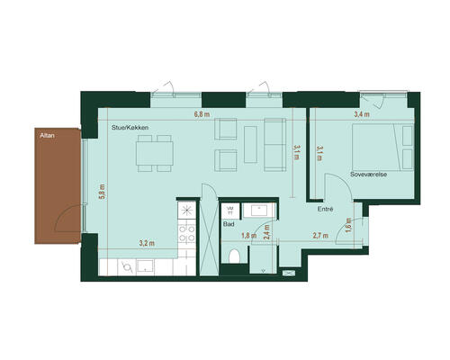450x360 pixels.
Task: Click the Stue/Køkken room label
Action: click(130, 128)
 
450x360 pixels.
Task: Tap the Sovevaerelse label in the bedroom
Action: click(368, 175)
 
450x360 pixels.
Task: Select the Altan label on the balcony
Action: click(47, 136)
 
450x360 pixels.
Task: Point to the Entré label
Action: click(326, 209)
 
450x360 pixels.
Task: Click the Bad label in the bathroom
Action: click(229, 224)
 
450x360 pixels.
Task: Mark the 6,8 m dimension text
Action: click(202, 114)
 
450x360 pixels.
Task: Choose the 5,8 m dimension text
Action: click(103, 192)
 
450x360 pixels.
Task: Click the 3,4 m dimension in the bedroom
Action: click(362, 114)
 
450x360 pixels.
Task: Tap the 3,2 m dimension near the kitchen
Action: click(147, 243)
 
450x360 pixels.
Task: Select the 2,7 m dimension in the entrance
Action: click(320, 236)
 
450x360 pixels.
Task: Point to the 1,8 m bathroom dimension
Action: click(249, 236)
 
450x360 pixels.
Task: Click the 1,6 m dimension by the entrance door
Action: click(348, 225)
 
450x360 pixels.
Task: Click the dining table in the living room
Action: click(155, 153)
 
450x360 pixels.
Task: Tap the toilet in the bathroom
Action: click(234, 256)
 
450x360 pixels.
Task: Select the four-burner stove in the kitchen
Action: click(187, 234)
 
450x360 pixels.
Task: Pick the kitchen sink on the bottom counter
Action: click(146, 266)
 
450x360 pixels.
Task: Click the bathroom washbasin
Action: click(259, 211)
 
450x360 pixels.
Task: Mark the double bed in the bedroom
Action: click(383, 148)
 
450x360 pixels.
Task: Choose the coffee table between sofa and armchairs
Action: click(250, 144)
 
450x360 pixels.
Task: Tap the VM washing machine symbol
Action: click(230, 210)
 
